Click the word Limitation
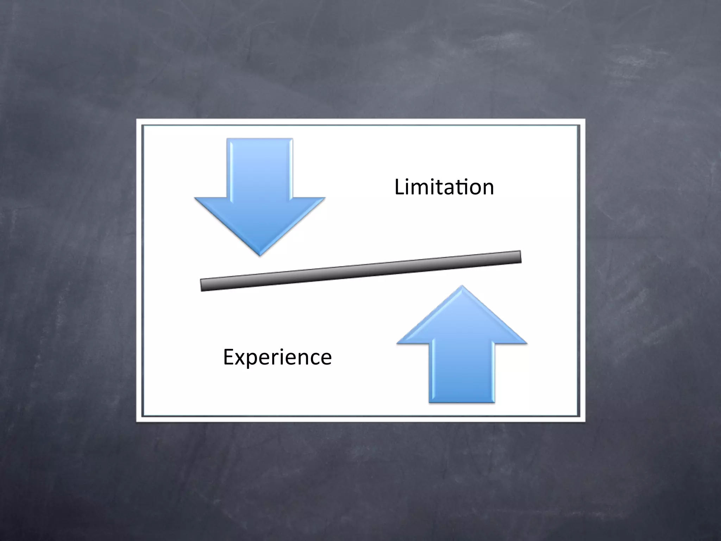444,187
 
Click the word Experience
277,357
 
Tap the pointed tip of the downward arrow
260,254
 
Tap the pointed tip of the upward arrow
462,287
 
